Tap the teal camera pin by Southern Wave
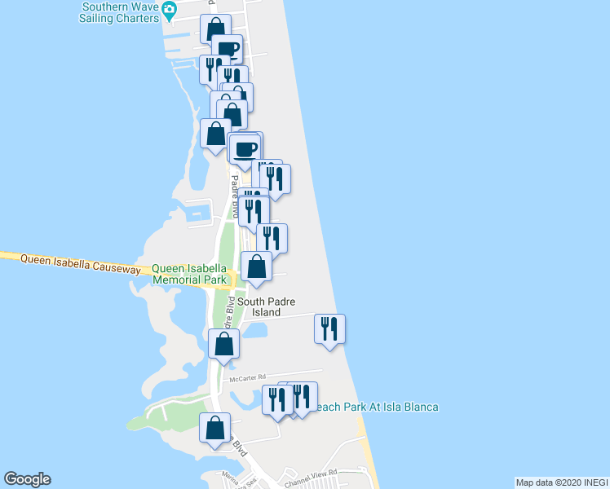tap(169, 10)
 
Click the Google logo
tap(27, 479)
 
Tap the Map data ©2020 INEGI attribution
tap(560, 482)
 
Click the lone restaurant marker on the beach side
tap(329, 329)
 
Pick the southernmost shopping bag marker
tap(214, 428)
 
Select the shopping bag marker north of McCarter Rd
tap(223, 344)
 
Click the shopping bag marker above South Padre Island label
tap(256, 267)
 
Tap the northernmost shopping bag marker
tap(215, 29)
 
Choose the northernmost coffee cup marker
tap(228, 48)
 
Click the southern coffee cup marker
tap(245, 148)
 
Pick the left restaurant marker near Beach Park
tap(277, 400)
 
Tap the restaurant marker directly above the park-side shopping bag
tap(272, 238)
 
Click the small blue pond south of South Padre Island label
tap(255, 332)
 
